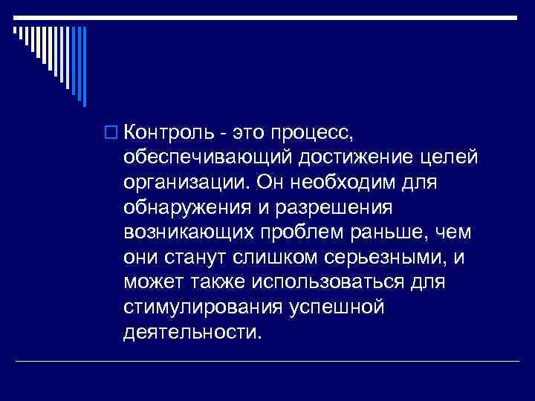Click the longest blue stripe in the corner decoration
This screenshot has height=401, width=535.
tap(83, 67)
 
